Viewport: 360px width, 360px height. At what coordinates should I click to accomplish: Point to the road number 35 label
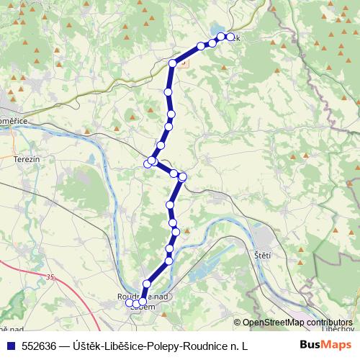coord(50,276)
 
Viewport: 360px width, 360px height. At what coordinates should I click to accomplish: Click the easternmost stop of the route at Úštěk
coord(230,37)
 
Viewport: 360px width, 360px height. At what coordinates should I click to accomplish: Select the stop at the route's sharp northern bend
coord(173,63)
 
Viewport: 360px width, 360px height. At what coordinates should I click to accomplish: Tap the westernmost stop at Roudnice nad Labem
coord(130,303)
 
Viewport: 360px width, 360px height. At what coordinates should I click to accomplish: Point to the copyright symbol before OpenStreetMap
coord(238,323)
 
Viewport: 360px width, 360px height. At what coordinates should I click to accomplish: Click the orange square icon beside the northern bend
coord(183,63)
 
